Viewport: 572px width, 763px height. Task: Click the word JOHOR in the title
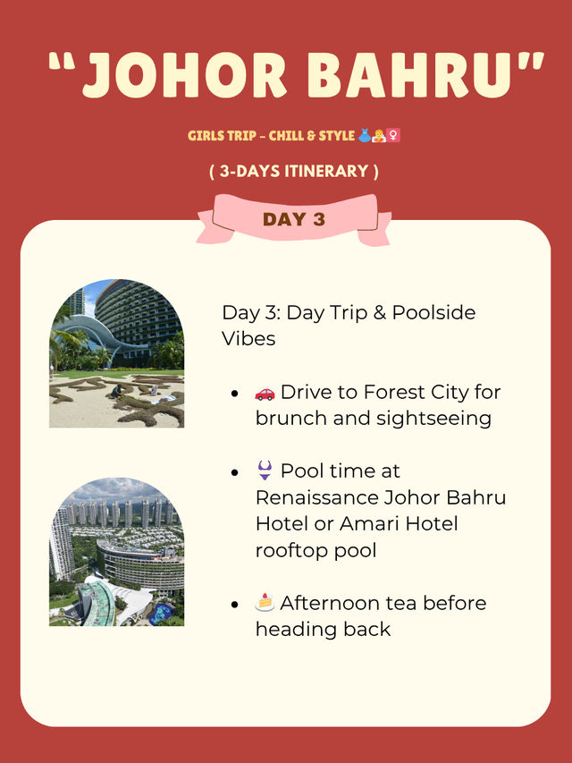pyautogui.click(x=185, y=75)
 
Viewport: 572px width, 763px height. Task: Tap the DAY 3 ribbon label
pyautogui.click(x=294, y=219)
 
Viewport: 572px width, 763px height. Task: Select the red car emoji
pyautogui.click(x=265, y=394)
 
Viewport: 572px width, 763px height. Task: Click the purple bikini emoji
pyautogui.click(x=265, y=471)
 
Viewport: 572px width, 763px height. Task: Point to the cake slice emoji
pyautogui.click(x=265, y=602)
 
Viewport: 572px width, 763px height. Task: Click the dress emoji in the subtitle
pyautogui.click(x=365, y=135)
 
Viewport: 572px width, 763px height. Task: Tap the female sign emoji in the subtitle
pyautogui.click(x=393, y=135)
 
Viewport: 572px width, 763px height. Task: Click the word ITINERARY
pyautogui.click(x=326, y=171)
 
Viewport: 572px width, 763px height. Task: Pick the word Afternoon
pyautogui.click(x=329, y=603)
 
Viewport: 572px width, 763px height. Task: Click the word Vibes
pyautogui.click(x=248, y=339)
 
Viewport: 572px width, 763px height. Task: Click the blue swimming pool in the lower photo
pyautogui.click(x=162, y=613)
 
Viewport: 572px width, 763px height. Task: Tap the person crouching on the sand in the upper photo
pyautogui.click(x=116, y=391)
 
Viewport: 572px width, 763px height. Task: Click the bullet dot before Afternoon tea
pyautogui.click(x=235, y=605)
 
